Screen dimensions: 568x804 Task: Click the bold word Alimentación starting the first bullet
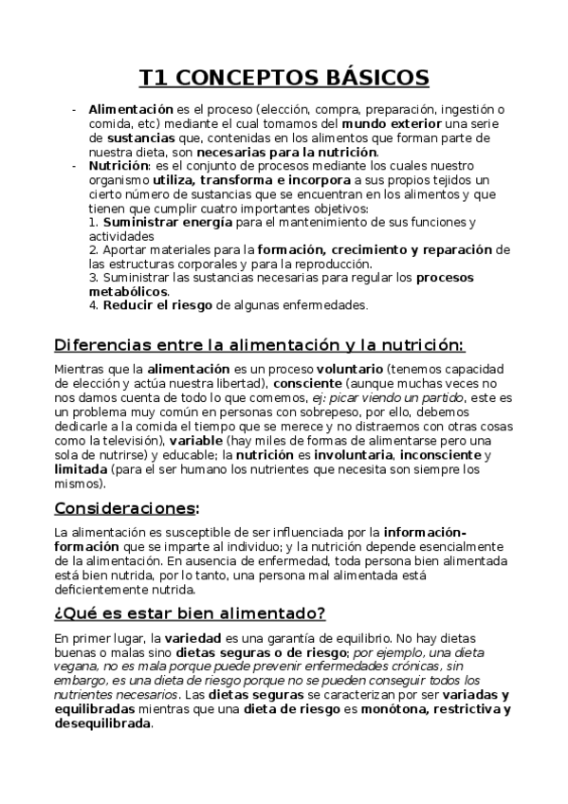click(131, 110)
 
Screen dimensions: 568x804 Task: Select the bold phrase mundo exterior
click(380, 124)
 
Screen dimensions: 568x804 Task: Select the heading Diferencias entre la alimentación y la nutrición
click(259, 343)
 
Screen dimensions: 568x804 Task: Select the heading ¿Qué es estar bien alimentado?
click(190, 611)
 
